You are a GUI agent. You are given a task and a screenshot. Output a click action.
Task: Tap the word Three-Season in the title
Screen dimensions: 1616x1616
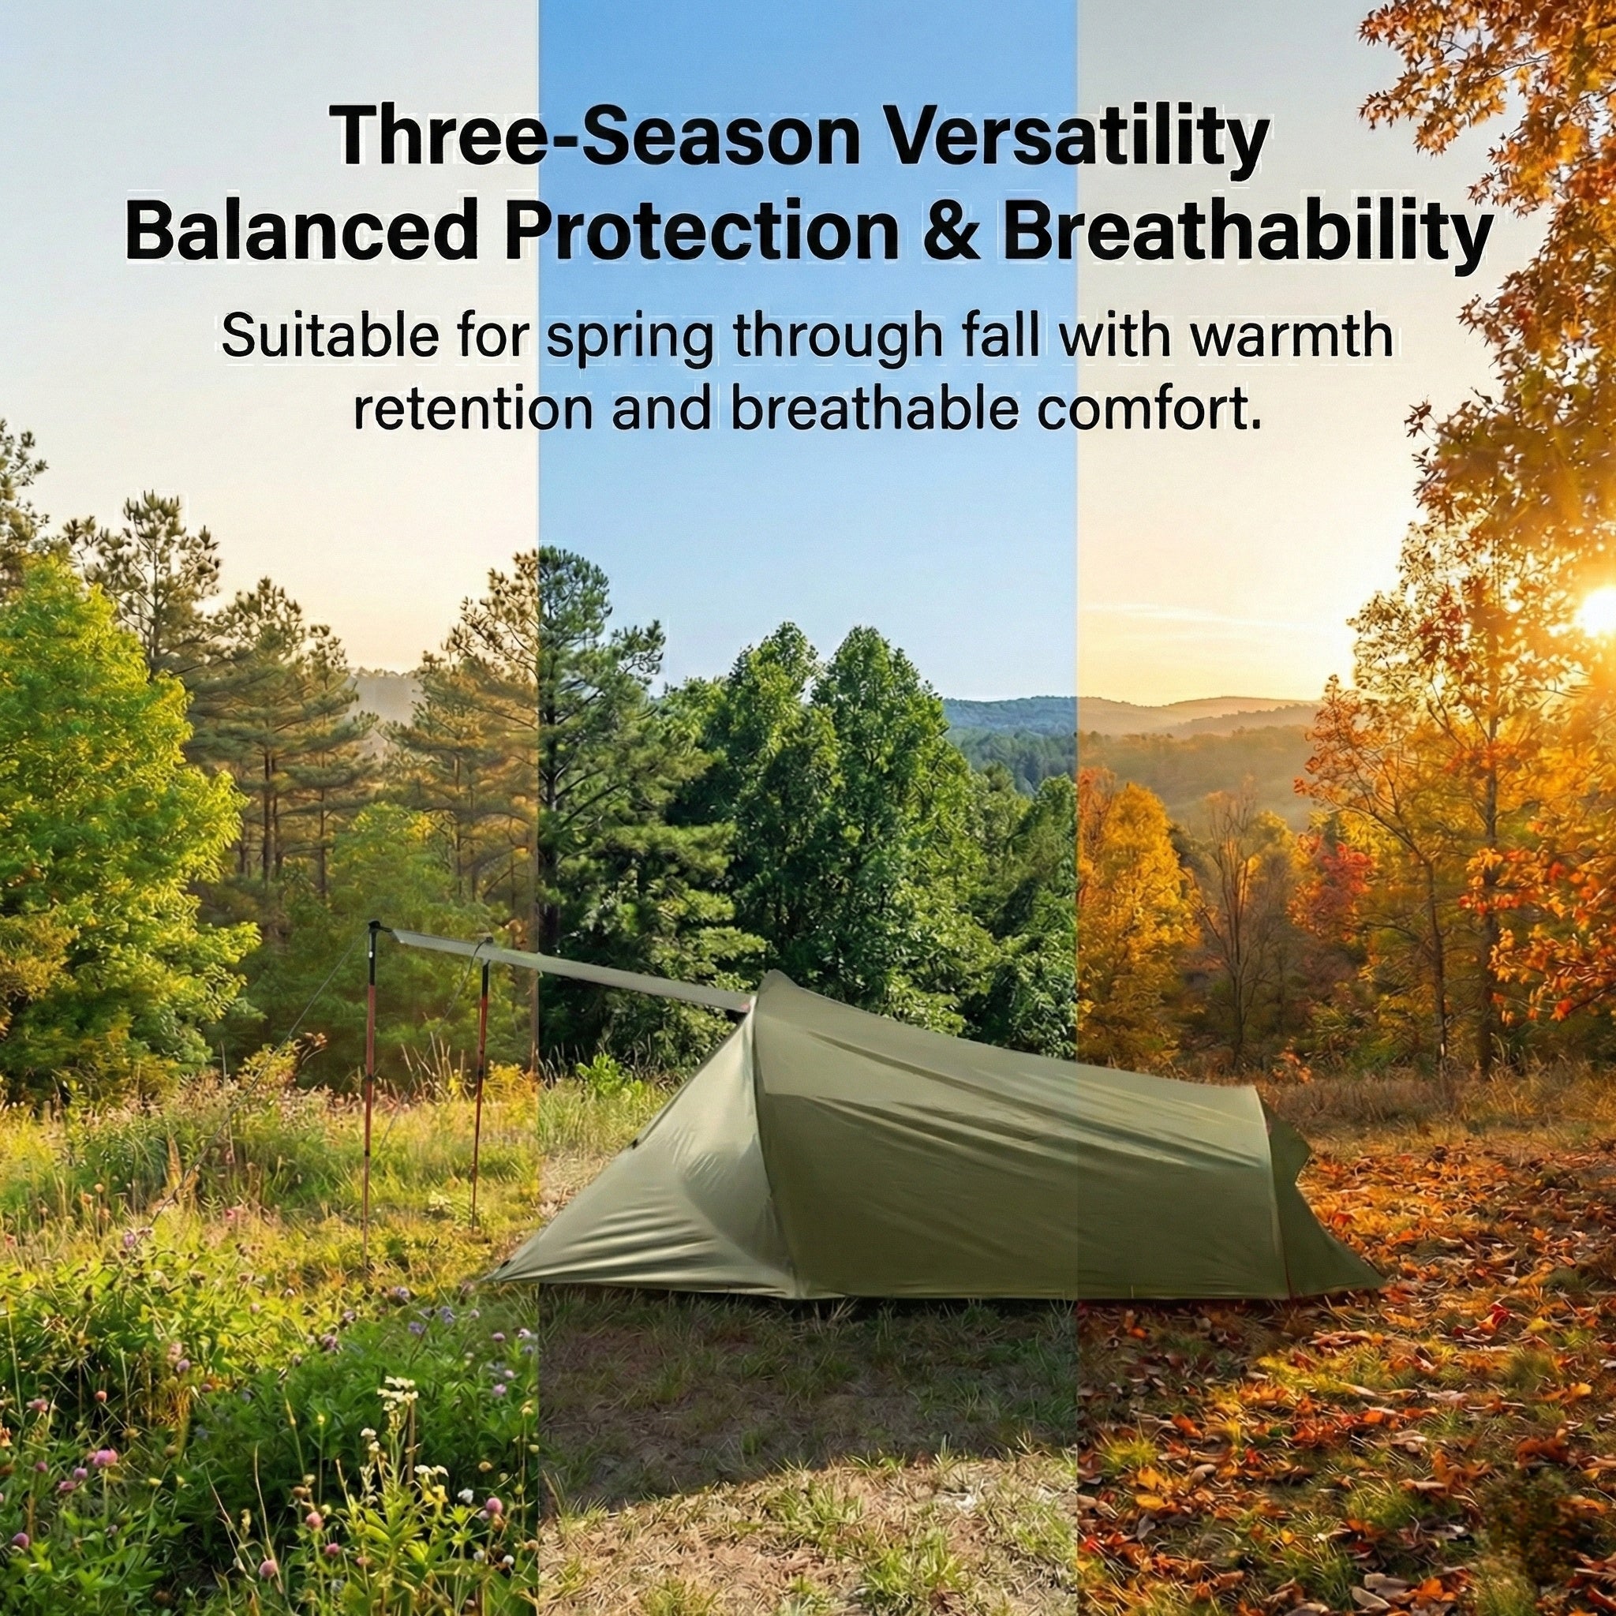[597, 137]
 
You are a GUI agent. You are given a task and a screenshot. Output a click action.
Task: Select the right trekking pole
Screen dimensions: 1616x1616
[480, 1087]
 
